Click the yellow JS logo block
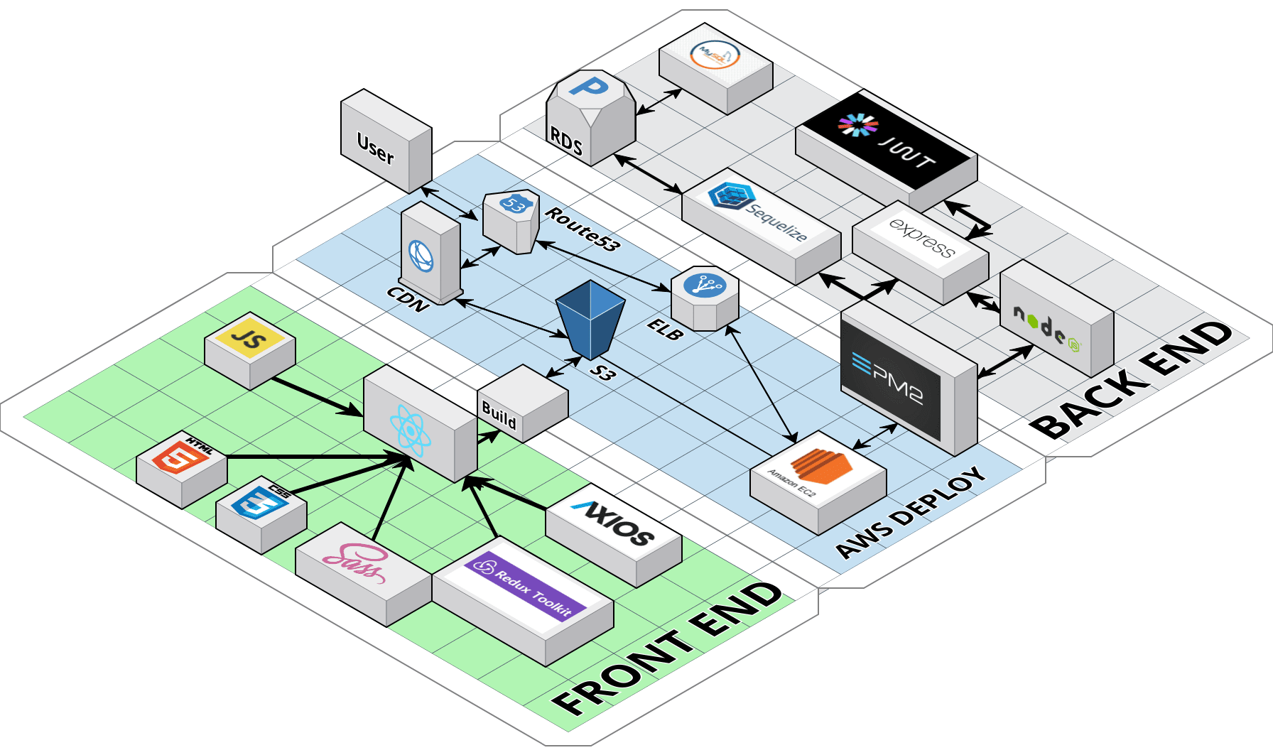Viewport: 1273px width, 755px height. coord(249,337)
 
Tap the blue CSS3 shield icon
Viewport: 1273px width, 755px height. coord(261,501)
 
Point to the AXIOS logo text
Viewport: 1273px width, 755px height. coord(615,523)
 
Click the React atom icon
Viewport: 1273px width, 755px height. coord(410,430)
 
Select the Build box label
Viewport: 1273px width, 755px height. coord(499,414)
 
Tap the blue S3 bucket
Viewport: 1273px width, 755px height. coord(590,318)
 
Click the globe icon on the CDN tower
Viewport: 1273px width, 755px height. coord(421,256)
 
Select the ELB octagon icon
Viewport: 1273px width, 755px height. coord(704,286)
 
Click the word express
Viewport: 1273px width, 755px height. coord(921,237)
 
